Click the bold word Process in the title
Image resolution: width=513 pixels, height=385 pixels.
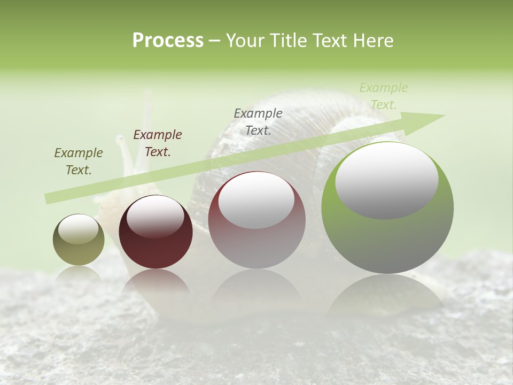(168, 41)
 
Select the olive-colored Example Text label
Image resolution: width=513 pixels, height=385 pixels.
(79, 161)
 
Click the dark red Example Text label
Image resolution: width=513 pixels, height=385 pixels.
(158, 143)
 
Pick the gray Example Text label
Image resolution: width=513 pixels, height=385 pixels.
(258, 121)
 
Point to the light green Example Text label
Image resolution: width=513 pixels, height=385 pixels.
(384, 96)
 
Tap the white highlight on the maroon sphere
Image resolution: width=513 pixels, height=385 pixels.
(156, 217)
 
